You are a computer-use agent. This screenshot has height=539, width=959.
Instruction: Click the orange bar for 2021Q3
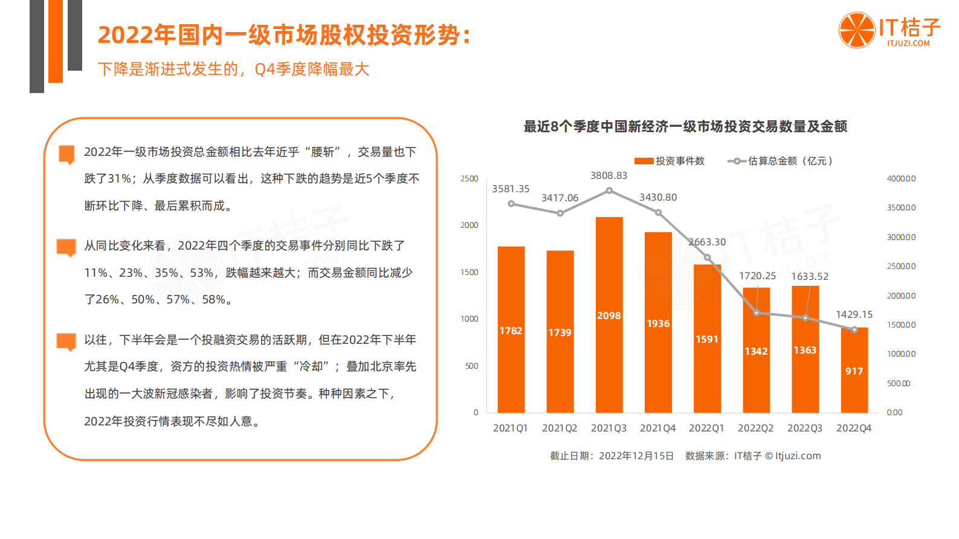click(x=609, y=314)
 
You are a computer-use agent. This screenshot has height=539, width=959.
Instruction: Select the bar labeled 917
click(x=854, y=370)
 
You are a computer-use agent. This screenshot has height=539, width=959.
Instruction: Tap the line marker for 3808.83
click(x=609, y=190)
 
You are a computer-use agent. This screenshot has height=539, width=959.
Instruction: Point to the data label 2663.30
click(x=707, y=242)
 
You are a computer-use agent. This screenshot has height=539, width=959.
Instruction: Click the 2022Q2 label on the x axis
click(x=755, y=428)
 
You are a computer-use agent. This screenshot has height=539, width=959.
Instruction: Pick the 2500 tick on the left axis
click(x=469, y=179)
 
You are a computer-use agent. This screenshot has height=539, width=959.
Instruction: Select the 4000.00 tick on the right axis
click(x=901, y=179)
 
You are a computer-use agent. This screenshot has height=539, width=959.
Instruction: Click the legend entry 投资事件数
click(x=670, y=161)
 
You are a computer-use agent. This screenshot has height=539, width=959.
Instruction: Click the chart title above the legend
click(x=685, y=126)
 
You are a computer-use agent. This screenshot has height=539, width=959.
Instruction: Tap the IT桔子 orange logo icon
click(x=856, y=30)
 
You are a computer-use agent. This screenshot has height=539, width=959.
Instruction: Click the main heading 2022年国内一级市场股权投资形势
click(x=284, y=35)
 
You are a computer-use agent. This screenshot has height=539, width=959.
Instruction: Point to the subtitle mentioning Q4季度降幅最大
click(x=233, y=69)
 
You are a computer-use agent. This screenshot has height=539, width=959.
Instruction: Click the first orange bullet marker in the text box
click(x=66, y=153)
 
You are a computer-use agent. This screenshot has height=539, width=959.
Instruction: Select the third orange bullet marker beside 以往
click(x=66, y=341)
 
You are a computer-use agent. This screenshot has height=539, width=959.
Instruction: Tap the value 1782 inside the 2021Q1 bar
click(x=511, y=331)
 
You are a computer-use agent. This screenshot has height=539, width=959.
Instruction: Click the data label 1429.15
click(x=854, y=314)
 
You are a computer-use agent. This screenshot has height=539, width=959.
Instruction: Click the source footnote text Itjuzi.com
click(x=798, y=456)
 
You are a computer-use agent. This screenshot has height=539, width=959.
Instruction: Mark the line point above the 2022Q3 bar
click(x=805, y=317)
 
